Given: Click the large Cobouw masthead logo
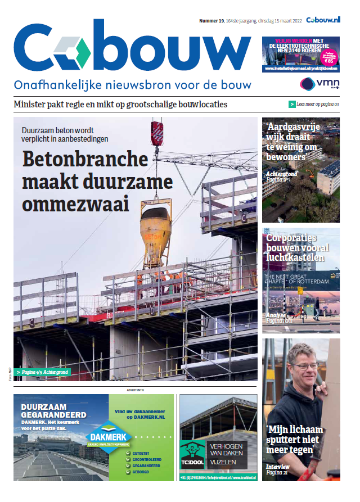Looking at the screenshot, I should [x=132, y=50].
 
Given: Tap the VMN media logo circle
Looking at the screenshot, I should [x=307, y=84].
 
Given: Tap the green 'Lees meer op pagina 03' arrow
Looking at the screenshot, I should [x=292, y=104].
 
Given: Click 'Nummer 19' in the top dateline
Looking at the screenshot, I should [x=211, y=21].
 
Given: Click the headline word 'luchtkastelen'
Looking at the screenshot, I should [x=295, y=258].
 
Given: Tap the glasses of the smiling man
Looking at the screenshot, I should [x=305, y=367].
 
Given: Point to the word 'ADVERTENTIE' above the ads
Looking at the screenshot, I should [x=135, y=389].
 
